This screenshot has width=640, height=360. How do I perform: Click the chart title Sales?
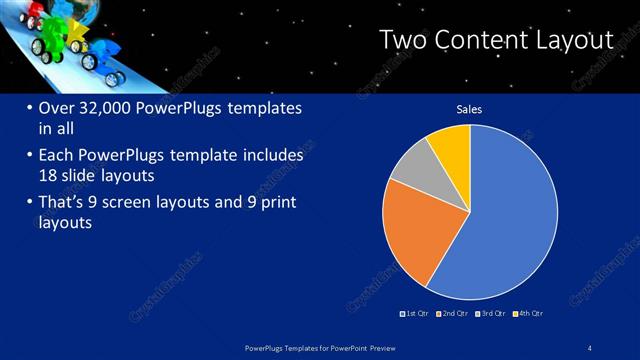(470, 108)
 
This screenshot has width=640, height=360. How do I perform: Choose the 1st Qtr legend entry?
(414, 313)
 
